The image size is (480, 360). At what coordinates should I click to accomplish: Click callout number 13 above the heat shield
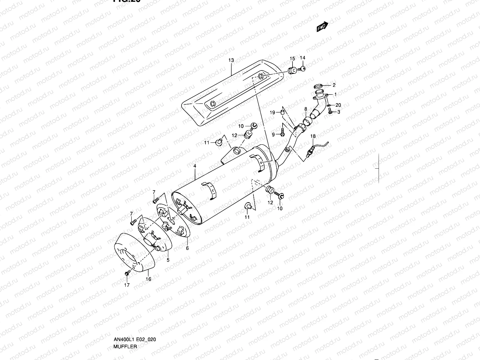(x=231, y=60)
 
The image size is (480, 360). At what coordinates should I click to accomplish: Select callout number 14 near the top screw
(x=302, y=58)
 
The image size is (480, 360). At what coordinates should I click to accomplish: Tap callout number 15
(x=292, y=58)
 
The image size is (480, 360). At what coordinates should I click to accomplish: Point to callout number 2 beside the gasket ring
(x=334, y=85)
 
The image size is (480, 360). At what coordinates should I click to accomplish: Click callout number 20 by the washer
(x=338, y=105)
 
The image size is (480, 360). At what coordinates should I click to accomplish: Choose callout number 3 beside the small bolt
(x=338, y=112)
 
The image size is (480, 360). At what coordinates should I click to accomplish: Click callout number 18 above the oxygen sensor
(x=313, y=136)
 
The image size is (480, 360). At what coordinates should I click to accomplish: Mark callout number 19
(x=272, y=112)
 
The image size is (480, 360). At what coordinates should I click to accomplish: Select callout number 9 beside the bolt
(x=273, y=135)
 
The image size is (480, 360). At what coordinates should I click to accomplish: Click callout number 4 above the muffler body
(x=195, y=166)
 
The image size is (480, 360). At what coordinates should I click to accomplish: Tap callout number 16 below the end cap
(x=148, y=279)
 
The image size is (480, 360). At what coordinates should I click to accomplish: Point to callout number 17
(x=127, y=285)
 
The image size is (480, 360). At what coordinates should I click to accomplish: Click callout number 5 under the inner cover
(x=168, y=260)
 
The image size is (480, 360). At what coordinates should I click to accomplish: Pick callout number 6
(x=187, y=248)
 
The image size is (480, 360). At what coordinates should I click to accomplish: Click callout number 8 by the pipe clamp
(x=306, y=109)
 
